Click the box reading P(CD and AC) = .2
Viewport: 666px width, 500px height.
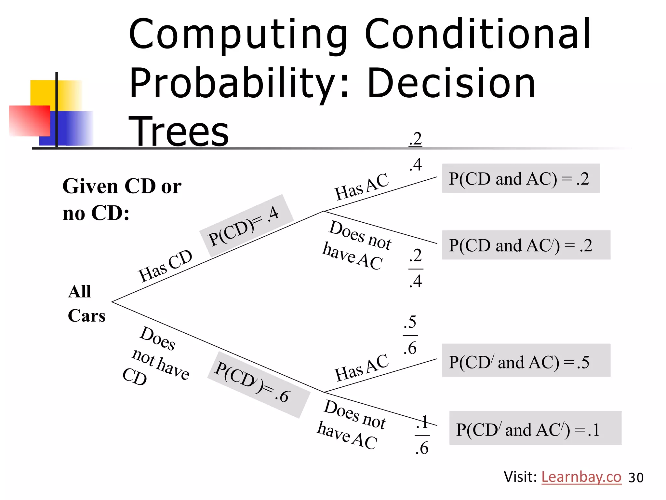pyautogui.click(x=520, y=178)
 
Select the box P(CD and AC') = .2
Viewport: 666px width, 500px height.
pyautogui.click(x=526, y=245)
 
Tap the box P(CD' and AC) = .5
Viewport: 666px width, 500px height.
pyautogui.click(x=526, y=361)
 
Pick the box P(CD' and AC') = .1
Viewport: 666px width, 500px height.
pyautogui.click(x=535, y=428)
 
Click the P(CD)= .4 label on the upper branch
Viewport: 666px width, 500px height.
pyautogui.click(x=246, y=226)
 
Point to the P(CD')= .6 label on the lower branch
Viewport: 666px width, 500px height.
pyautogui.click(x=259, y=384)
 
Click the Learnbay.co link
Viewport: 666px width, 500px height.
pyautogui.click(x=581, y=477)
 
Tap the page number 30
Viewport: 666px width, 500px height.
pyautogui.click(x=636, y=478)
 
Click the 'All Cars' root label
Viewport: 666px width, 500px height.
pyautogui.click(x=86, y=303)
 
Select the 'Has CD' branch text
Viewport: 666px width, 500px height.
pyautogui.click(x=165, y=266)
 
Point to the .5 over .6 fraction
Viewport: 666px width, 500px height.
pyautogui.click(x=410, y=335)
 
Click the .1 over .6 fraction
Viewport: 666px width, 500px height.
pyautogui.click(x=422, y=435)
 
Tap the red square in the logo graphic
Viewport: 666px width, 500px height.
pyautogui.click(x=29, y=121)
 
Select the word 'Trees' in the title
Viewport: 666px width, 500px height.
pyautogui.click(x=179, y=132)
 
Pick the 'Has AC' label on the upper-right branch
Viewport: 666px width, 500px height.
pyautogui.click(x=361, y=187)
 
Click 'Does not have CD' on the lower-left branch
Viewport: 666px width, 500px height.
pyautogui.click(x=155, y=356)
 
